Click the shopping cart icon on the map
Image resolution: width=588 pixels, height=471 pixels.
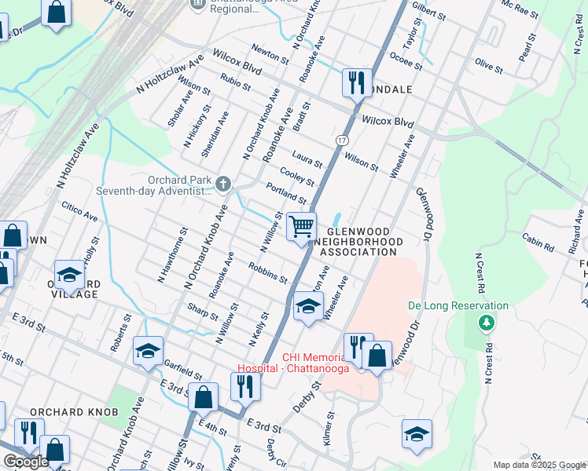tap(301, 227)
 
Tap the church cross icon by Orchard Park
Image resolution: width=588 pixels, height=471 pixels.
tap(223, 184)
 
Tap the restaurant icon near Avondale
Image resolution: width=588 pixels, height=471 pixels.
tap(357, 81)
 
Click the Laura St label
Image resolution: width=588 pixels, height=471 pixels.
tap(307, 159)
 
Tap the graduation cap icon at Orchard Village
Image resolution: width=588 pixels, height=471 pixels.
tap(70, 275)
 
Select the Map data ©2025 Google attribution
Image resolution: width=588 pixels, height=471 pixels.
tap(538, 465)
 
